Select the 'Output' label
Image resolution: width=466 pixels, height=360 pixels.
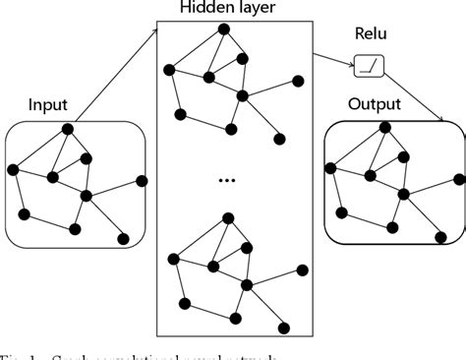pos(374,104)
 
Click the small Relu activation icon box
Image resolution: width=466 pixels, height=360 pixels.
pos(368,68)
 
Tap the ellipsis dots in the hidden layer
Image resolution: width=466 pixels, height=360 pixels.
pos(227,180)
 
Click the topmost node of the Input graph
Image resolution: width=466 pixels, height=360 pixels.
pos(68,129)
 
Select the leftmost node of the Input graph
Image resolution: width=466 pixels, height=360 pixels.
pos(13,170)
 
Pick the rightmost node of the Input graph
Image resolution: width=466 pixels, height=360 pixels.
pos(143,180)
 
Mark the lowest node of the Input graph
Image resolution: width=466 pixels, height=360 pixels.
pos(124,238)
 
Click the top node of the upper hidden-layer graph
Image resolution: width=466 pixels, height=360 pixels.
pos(224,28)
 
